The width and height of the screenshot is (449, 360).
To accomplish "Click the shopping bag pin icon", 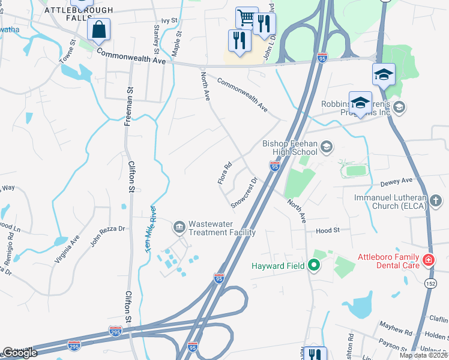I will point(98,29).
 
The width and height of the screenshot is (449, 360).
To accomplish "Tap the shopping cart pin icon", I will point(246,18).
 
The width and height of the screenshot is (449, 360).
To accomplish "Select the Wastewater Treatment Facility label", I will point(221,228).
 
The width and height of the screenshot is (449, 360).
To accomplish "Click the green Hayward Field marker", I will point(313,265).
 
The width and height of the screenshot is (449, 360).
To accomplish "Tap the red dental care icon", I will point(429,260).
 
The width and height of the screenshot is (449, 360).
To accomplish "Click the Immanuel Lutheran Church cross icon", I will point(436,200).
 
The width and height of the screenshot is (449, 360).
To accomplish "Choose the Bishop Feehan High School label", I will point(292,148).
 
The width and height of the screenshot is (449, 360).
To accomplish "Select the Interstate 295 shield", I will point(116,331).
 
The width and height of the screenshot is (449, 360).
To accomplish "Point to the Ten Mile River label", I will point(151,229).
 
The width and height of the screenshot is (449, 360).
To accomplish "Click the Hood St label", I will point(328,230).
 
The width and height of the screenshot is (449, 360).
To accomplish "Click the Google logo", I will point(20,353).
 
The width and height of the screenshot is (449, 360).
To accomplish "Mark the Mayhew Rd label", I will point(395,328).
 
